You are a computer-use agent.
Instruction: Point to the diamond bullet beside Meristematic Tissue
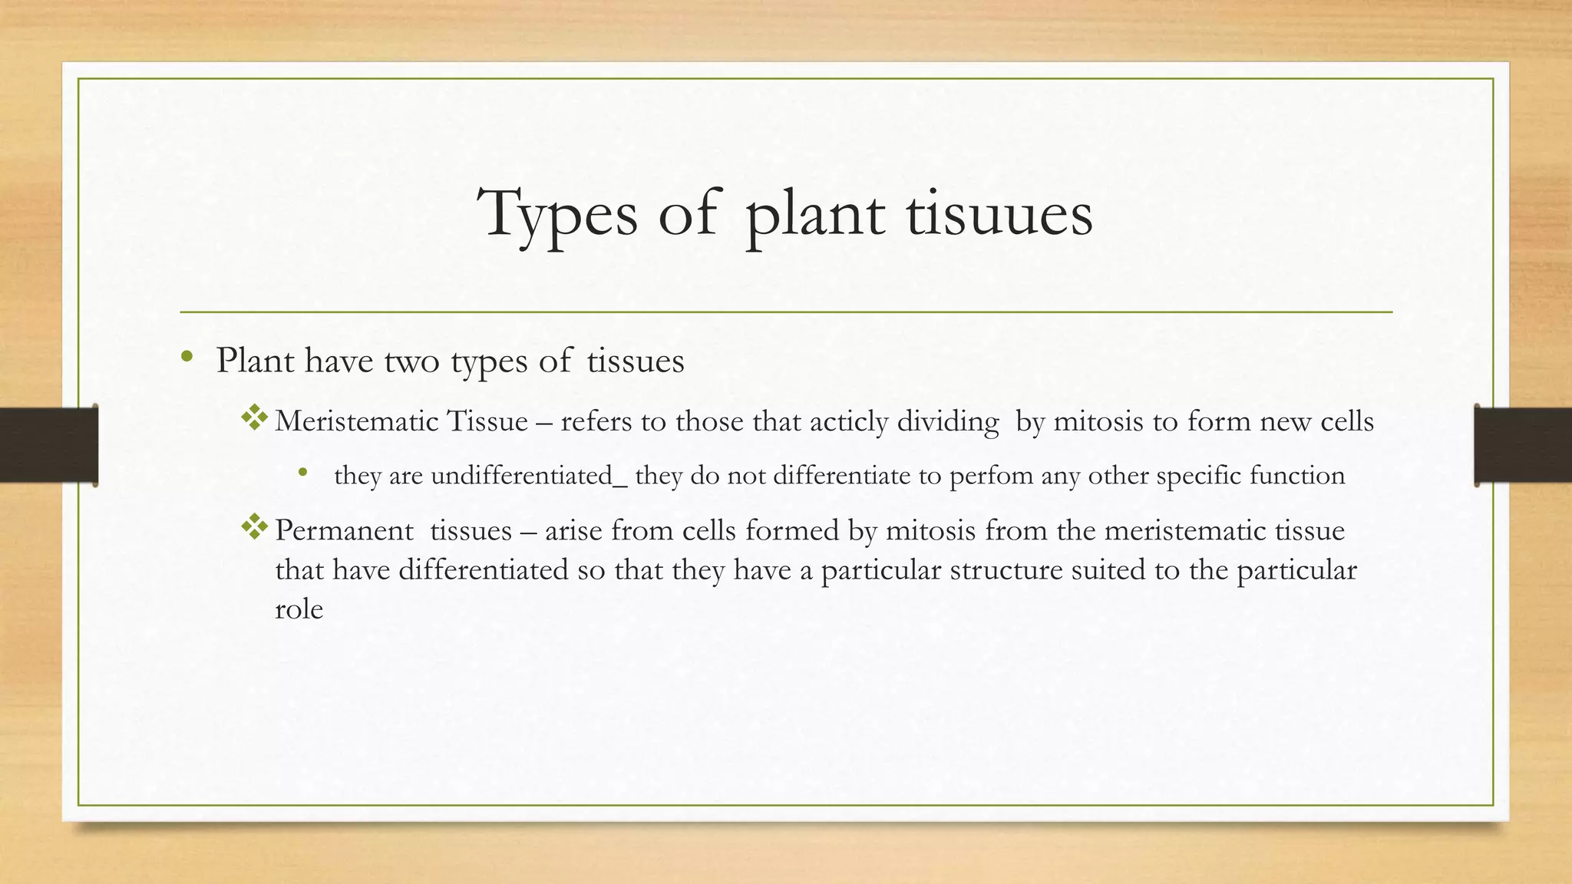tap(254, 418)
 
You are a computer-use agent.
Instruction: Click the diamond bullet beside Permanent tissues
tap(254, 527)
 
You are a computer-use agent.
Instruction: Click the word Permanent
tap(344, 530)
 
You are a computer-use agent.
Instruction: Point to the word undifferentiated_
tap(529, 476)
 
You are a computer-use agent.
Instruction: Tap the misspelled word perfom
tap(991, 477)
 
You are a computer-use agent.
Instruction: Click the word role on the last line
tap(299, 609)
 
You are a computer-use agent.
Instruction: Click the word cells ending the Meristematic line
tap(1346, 421)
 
